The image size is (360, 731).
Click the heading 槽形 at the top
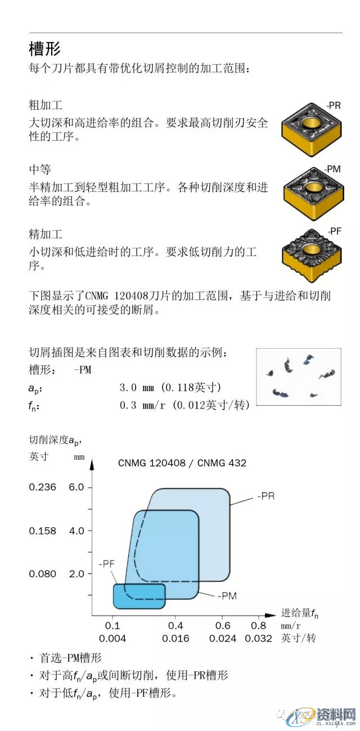click(x=45, y=49)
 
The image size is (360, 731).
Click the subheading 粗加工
click(x=46, y=105)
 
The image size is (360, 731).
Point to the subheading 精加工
click(x=46, y=234)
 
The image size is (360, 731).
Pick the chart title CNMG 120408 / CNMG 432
click(x=182, y=463)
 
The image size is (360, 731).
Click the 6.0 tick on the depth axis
click(x=76, y=487)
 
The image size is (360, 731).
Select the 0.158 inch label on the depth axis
click(x=43, y=531)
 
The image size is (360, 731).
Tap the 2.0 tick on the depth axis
click(x=76, y=574)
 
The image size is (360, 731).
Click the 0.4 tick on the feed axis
click(x=175, y=625)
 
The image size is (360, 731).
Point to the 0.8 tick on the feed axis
click(x=258, y=625)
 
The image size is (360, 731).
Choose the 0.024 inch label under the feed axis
click(x=223, y=638)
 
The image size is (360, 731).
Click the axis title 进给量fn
click(x=299, y=613)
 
